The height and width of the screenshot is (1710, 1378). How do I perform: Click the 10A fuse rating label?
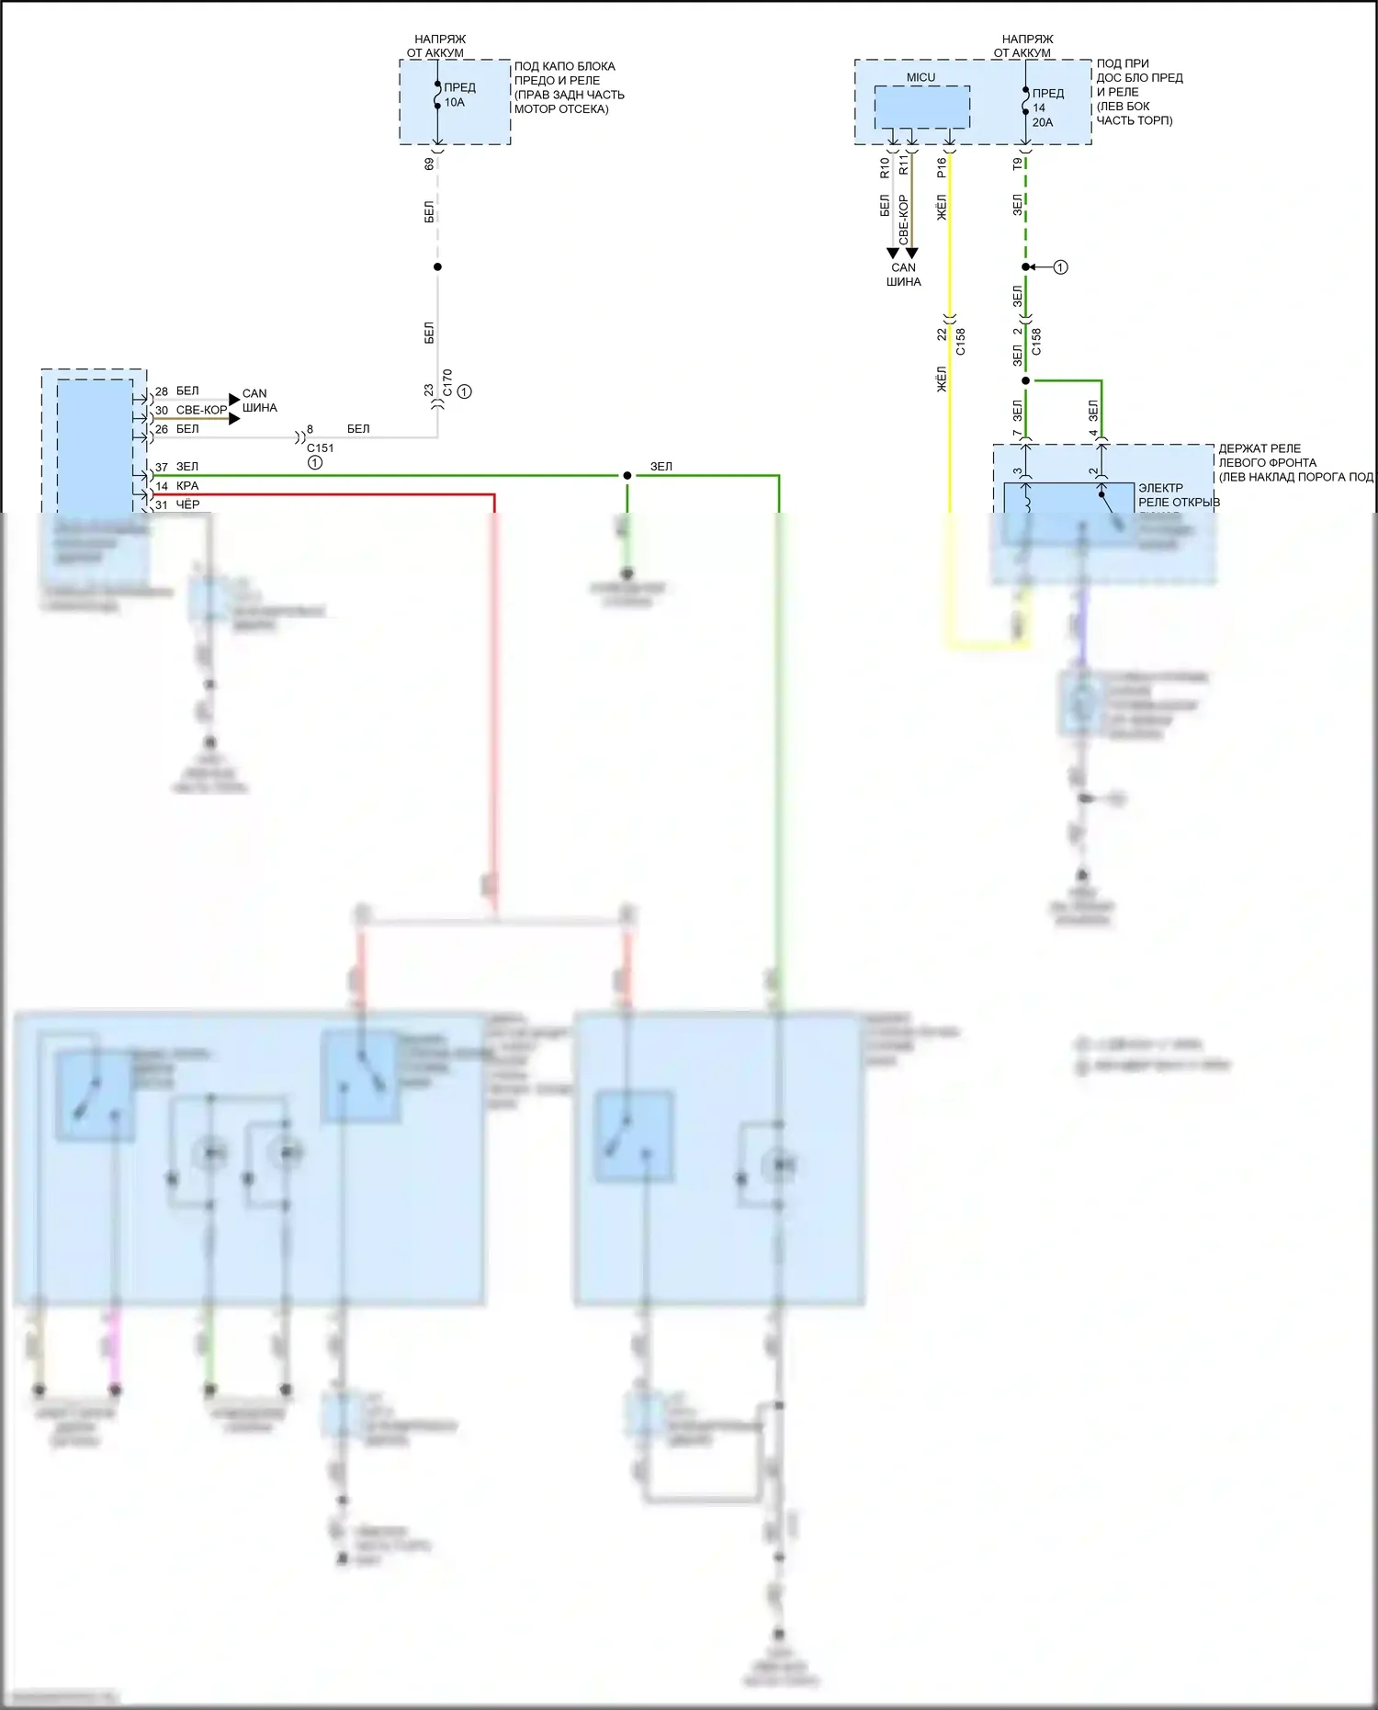(455, 103)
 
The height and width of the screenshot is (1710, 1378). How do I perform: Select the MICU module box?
(921, 108)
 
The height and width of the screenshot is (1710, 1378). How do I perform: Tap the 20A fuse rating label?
(1043, 122)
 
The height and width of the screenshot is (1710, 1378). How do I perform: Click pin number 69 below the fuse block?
(429, 164)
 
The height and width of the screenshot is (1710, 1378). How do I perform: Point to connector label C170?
(447, 381)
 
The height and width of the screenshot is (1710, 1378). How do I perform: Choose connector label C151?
(320, 448)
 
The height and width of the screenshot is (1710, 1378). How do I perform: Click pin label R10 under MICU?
(885, 166)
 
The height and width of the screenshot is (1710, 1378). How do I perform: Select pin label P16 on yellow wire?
(942, 166)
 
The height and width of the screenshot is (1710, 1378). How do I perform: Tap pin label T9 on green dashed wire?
(1017, 164)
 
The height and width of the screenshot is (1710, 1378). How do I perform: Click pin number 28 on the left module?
(162, 391)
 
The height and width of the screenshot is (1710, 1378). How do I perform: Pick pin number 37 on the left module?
(162, 467)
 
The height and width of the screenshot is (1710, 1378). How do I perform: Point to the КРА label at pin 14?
(187, 486)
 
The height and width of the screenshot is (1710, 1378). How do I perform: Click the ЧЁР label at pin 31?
(187, 504)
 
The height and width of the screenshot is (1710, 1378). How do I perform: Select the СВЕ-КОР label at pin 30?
(201, 410)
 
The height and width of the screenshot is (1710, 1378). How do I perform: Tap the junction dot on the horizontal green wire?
(627, 476)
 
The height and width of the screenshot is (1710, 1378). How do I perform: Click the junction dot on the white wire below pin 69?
(437, 266)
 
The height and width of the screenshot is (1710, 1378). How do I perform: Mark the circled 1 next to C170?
(465, 391)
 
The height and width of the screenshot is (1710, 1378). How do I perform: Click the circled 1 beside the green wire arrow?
(1060, 267)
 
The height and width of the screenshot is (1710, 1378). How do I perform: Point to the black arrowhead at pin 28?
(234, 399)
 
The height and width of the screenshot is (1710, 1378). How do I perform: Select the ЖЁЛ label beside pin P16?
(942, 208)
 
